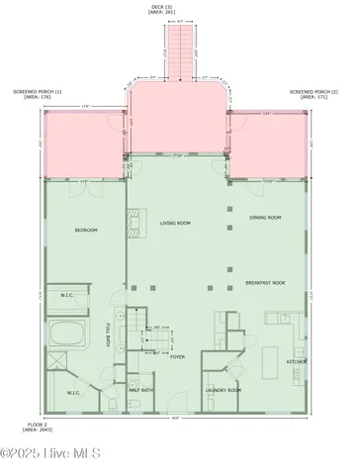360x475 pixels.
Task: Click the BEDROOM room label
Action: pyautogui.click(x=86, y=231)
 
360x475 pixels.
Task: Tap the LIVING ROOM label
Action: pyautogui.click(x=176, y=224)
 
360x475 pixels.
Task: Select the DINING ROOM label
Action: pyautogui.click(x=265, y=218)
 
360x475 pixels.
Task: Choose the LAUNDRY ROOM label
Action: pyautogui.click(x=224, y=390)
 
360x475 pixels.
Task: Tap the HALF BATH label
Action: pyautogui.click(x=141, y=390)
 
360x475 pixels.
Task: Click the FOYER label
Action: pyautogui.click(x=177, y=357)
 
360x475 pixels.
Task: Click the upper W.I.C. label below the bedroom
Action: pyautogui.click(x=66, y=295)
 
